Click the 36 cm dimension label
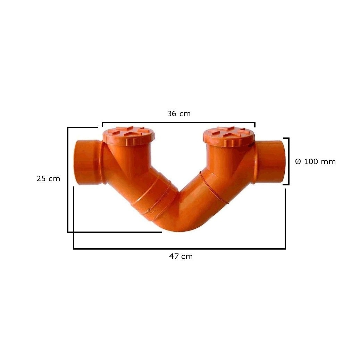(179, 114)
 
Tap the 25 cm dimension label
(48, 179)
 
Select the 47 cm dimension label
(181, 257)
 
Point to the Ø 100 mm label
(315, 161)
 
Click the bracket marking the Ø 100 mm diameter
(288, 161)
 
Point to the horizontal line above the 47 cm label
(179, 249)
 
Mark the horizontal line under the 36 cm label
(178, 122)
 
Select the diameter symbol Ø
(298, 161)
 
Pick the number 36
(172, 114)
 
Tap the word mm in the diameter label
(329, 161)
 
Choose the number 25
(41, 179)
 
